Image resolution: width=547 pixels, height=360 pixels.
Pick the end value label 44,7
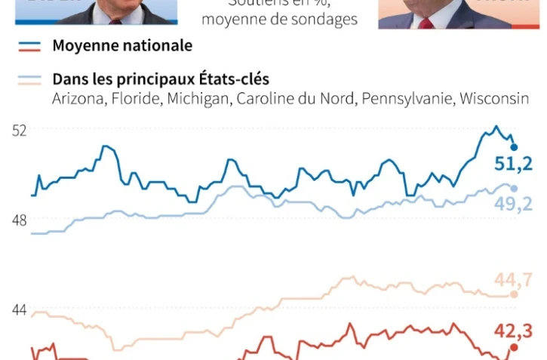click(513, 281)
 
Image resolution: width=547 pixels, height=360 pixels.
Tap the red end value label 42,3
click(514, 330)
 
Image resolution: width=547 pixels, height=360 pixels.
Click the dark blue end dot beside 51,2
click(515, 147)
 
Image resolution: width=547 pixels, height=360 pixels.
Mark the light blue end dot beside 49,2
click(515, 189)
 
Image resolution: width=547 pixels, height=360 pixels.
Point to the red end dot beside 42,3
click(515, 347)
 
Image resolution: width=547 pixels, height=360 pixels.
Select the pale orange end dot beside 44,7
click(515, 294)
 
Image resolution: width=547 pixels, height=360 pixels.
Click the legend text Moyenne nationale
click(122, 46)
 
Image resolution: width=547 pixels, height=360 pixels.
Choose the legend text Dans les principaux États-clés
click(161, 79)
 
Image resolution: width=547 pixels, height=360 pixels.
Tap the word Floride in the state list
click(134, 99)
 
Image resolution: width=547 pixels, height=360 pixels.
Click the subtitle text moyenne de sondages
click(279, 20)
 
